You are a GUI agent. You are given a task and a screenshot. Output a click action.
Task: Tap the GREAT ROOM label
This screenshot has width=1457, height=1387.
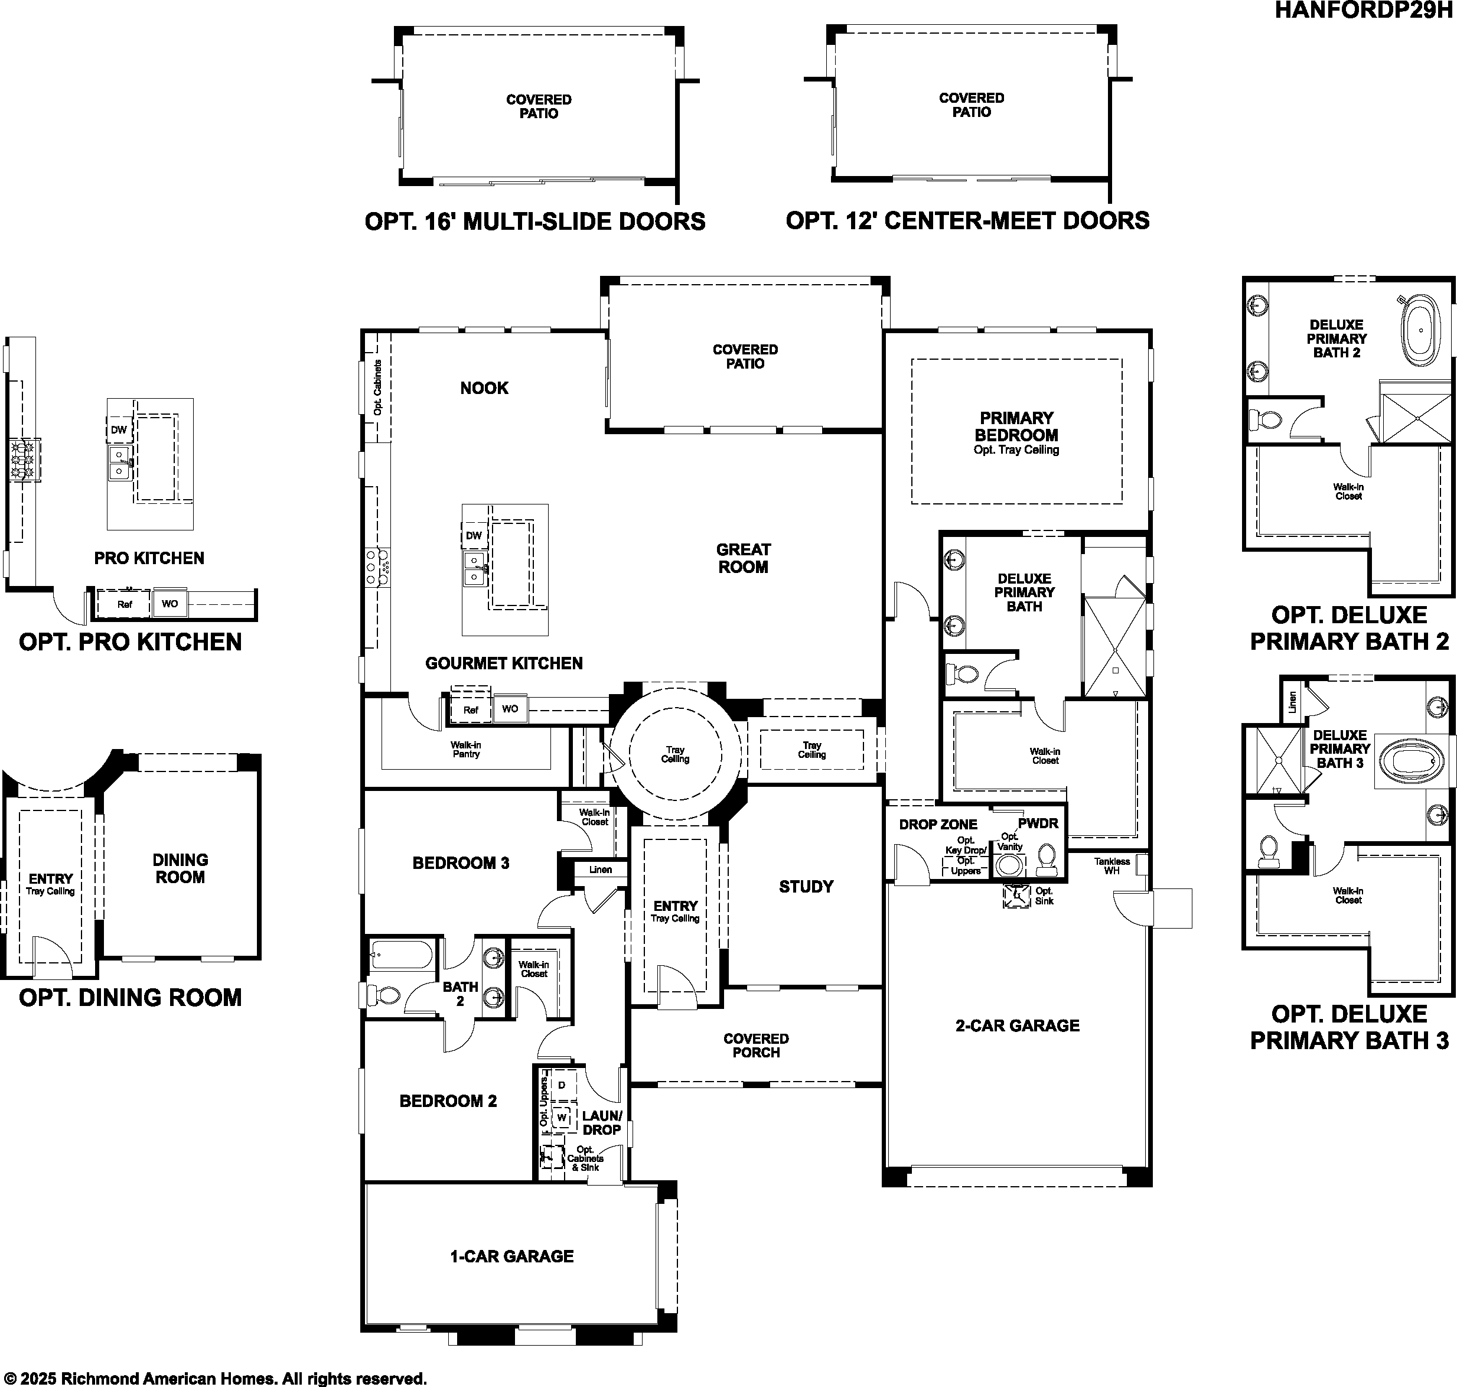point(743,558)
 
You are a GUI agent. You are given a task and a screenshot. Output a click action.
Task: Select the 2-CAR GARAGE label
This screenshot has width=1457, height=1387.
point(1017,1025)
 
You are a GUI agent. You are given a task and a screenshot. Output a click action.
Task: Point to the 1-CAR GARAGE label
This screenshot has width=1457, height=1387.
point(511,1256)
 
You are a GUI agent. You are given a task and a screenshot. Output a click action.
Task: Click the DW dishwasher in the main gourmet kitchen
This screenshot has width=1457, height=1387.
point(474,535)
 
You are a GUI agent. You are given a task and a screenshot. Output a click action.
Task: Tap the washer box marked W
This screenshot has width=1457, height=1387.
point(562,1117)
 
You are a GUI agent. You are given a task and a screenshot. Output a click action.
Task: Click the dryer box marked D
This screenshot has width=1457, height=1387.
point(562,1085)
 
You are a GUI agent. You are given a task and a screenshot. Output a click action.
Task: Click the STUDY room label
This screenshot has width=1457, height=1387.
point(806,887)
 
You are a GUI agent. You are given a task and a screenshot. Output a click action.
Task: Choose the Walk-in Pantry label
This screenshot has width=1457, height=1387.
point(466,750)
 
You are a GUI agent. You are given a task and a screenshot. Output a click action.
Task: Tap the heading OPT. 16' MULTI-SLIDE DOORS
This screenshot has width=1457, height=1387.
point(534,222)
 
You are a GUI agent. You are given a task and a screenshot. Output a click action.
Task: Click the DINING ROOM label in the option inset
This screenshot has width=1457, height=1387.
point(180,869)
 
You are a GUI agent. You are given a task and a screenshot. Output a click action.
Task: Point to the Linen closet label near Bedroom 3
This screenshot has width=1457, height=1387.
point(600,870)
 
